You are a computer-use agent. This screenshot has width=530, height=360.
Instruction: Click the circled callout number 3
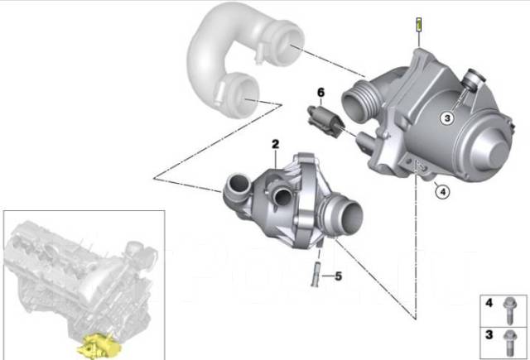446,118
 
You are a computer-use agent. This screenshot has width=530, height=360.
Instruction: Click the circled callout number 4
442,192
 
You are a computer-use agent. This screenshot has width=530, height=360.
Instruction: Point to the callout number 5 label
338,275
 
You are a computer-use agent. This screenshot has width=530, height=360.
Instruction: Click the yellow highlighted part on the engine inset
99,345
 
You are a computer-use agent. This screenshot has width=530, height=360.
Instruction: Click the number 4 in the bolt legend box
489,305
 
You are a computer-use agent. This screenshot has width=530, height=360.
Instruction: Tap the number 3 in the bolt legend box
489,337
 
